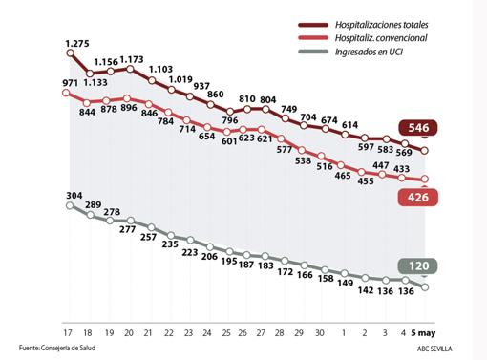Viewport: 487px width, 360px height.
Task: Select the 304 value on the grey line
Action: [x=74, y=197]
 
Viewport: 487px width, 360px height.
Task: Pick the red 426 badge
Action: [x=418, y=198]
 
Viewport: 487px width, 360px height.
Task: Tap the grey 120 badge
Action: [x=418, y=266]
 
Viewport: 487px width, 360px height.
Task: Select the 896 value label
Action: [x=130, y=108]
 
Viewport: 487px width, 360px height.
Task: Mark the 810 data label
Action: [x=247, y=99]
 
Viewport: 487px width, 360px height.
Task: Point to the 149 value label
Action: [x=345, y=283]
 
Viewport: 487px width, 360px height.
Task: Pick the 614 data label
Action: [x=349, y=124]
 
